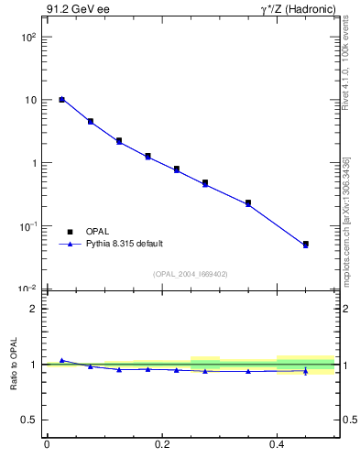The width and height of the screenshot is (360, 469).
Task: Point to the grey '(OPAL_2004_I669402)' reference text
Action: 191,273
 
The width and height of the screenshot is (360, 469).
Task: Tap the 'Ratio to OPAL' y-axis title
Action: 15,365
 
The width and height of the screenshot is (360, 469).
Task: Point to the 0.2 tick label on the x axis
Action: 162,445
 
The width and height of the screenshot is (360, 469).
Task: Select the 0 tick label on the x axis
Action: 47,445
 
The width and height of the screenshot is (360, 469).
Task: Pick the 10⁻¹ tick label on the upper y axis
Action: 28,226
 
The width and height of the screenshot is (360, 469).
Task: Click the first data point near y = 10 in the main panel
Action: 61,99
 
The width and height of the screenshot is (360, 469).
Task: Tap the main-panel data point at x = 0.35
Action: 248,202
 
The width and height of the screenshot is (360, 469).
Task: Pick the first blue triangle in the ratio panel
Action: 61,360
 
